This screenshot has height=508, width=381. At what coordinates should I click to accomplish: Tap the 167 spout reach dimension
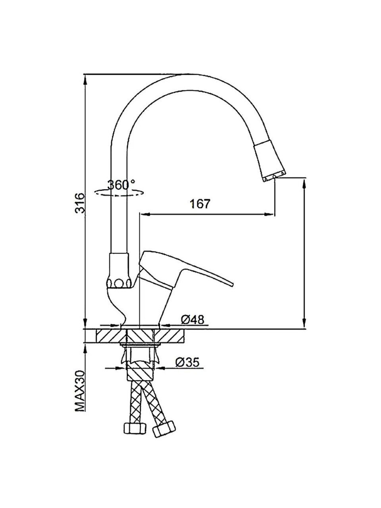(x=200, y=204)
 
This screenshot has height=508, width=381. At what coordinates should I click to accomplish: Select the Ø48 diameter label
(x=193, y=320)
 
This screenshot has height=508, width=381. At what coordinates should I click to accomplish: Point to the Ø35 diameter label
(x=187, y=363)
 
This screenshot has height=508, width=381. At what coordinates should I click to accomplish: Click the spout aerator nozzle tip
(x=274, y=178)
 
